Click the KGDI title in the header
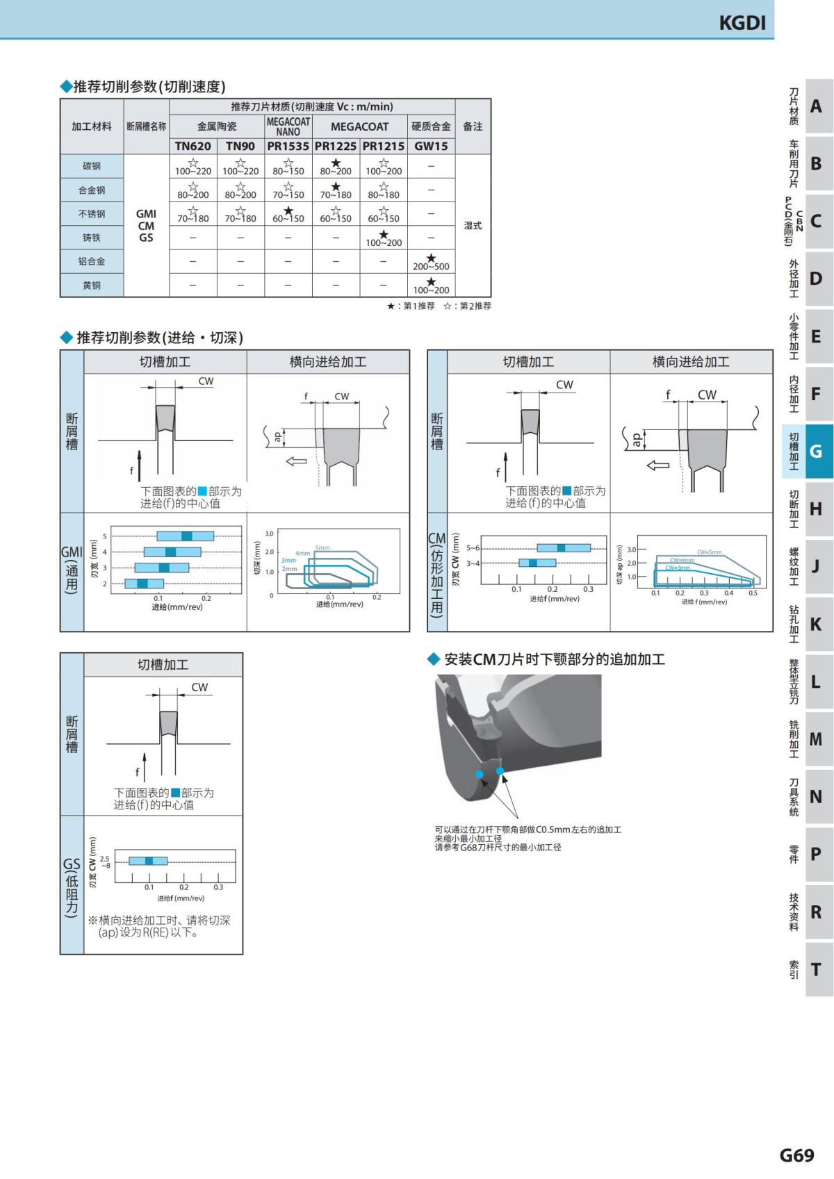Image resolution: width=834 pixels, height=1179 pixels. [742, 23]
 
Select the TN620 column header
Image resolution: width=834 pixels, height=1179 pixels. [193, 146]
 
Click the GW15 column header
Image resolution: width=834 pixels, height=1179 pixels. [431, 146]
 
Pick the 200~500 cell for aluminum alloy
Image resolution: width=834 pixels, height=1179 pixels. [431, 263]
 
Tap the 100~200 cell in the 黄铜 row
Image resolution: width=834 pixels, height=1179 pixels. [431, 286]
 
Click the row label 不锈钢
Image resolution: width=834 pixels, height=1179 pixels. [92, 214]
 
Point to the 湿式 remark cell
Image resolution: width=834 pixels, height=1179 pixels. [473, 226]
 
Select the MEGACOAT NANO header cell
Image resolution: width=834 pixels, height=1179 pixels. [288, 126]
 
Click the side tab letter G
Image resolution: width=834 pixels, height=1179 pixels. [816, 452]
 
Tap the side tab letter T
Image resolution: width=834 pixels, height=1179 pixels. [816, 969]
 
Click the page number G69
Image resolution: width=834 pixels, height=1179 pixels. [796, 1155]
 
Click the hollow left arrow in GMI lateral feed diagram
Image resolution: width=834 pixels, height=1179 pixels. [297, 461]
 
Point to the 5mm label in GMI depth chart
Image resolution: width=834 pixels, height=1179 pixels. [322, 548]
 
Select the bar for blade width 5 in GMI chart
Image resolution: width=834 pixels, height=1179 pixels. [186, 536]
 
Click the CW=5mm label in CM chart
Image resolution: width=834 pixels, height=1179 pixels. [709, 552]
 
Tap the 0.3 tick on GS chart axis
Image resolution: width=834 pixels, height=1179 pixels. [218, 887]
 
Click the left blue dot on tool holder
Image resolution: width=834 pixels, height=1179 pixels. [479, 774]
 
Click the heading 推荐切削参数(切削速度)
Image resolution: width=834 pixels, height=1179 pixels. [149, 87]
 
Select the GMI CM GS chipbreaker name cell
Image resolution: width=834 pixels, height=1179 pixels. [146, 226]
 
